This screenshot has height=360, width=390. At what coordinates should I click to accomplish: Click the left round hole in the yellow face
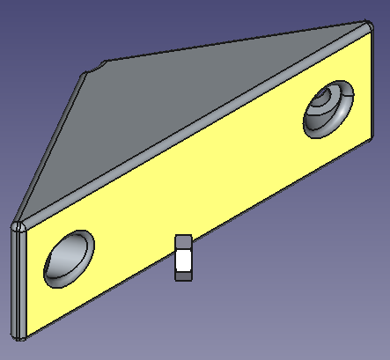click(68, 258)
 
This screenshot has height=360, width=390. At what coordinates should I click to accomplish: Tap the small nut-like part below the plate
click(183, 258)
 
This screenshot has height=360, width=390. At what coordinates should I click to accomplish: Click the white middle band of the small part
click(183, 260)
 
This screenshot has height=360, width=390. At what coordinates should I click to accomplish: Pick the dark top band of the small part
click(183, 242)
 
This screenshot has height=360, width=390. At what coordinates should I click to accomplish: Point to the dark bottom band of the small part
click(183, 276)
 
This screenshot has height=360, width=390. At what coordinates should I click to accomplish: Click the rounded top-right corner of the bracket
click(364, 25)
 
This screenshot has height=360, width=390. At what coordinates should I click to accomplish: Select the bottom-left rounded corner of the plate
click(20, 335)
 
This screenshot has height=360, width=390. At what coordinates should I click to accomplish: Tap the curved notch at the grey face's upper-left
click(98, 67)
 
